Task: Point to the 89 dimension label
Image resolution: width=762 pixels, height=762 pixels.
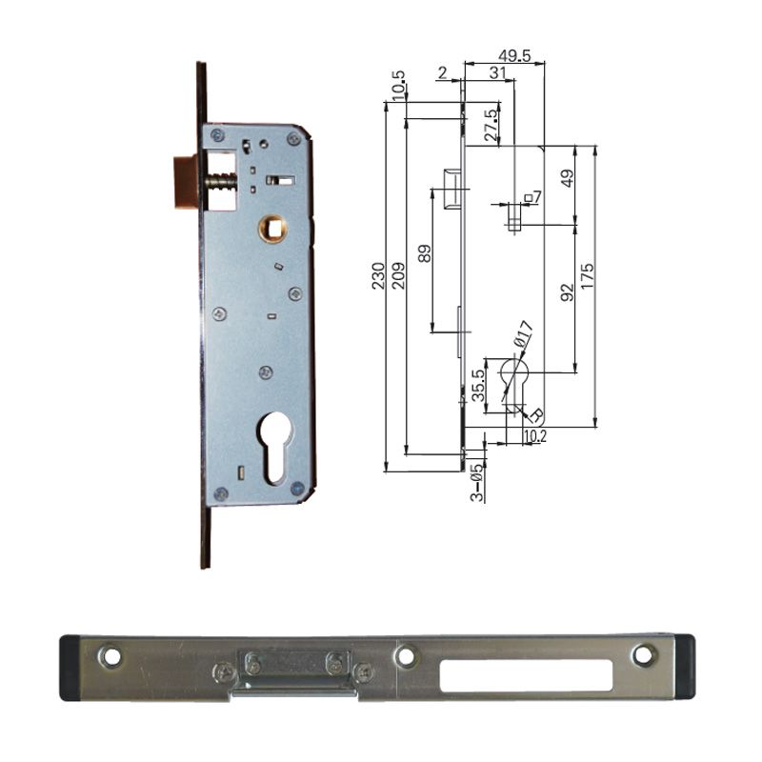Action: point(425,254)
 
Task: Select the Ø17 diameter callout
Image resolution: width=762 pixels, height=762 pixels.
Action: point(523,334)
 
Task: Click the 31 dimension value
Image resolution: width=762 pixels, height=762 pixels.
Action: point(498,73)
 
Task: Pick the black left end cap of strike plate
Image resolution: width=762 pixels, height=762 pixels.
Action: point(69,668)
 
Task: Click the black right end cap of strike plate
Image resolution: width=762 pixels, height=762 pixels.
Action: point(684,668)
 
